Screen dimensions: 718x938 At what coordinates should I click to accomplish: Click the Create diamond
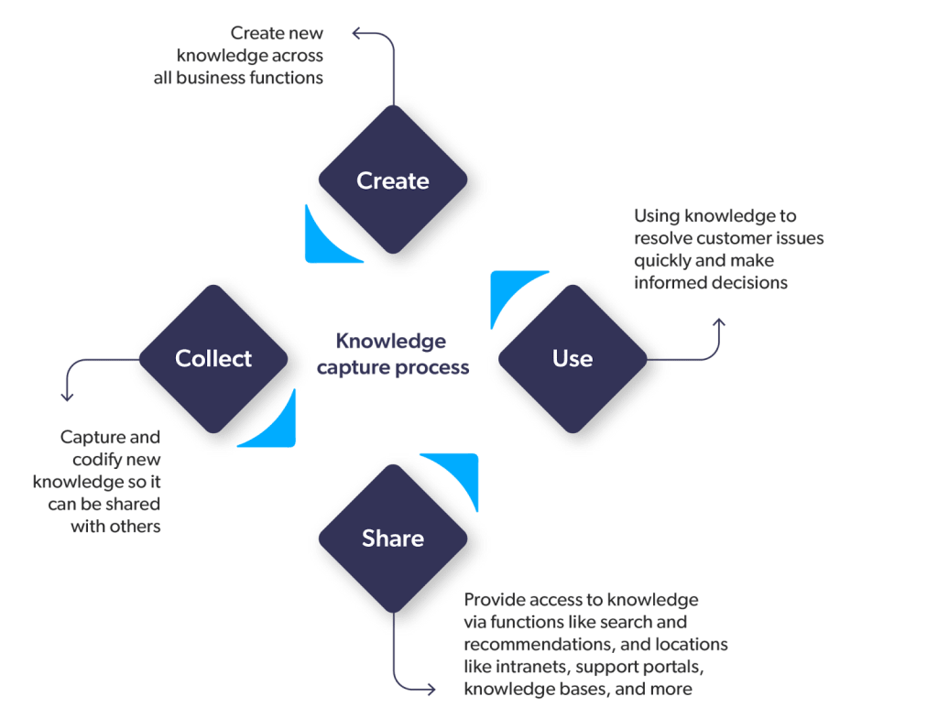pos(393,180)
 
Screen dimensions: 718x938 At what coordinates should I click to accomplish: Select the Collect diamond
pos(213,358)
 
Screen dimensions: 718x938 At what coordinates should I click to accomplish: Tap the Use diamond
pos(573,358)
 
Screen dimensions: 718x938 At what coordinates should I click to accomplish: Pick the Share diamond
pos(393,538)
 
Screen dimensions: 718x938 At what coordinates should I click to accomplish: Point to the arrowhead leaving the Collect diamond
pos(66,397)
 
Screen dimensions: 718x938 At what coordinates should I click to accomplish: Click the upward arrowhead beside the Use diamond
pos(719,321)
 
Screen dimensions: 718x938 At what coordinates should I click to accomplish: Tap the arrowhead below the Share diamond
pos(431,689)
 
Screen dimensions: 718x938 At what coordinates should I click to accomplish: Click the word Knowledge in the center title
pos(390,343)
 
